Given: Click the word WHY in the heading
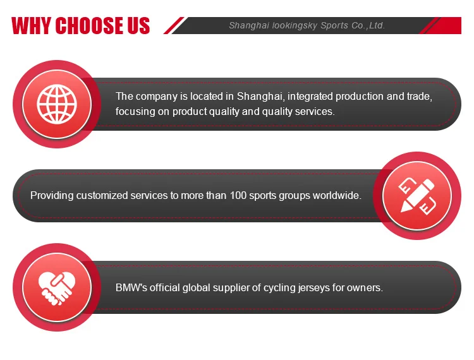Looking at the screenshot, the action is click(32, 25).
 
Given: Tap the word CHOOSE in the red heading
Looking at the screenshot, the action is click(90, 25).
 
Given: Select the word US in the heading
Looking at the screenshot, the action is click(138, 25).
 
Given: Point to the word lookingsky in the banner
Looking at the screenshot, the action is click(295, 26).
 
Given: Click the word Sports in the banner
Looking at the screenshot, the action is click(334, 26).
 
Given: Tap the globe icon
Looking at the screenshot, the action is click(57, 104).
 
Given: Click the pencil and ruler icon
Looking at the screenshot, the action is click(417, 196).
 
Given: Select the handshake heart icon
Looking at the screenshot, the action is click(57, 288).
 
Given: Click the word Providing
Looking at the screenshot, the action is click(52, 196).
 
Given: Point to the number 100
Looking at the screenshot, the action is click(238, 195).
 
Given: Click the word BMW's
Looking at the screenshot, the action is click(131, 287).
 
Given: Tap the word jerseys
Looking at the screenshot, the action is click(313, 288).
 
